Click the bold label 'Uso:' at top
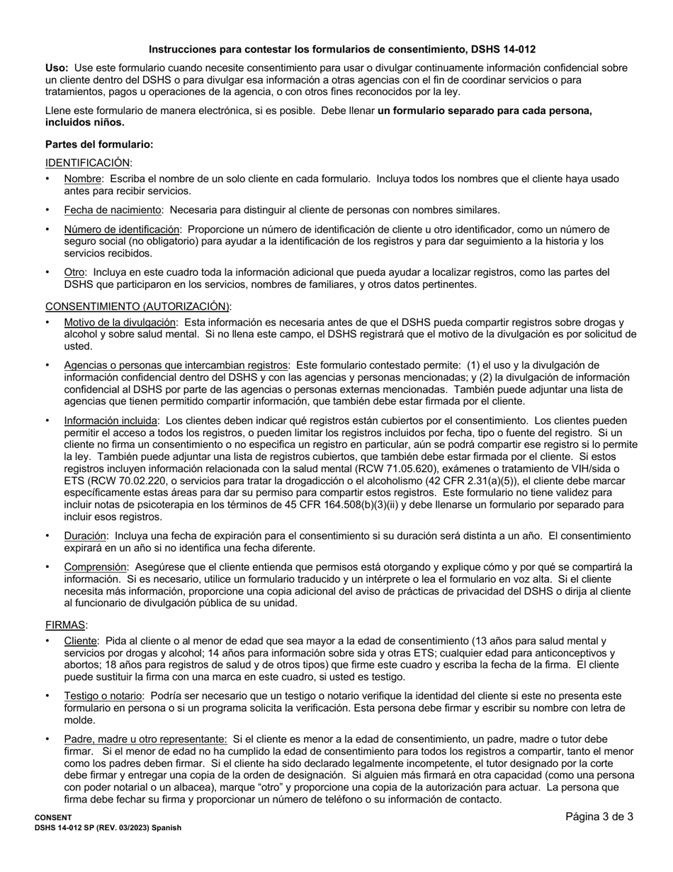57,68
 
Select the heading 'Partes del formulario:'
98,144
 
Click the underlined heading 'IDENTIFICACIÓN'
88,162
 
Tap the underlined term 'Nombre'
83,179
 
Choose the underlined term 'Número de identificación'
122,229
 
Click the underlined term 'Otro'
74,272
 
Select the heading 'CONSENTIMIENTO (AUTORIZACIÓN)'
137,306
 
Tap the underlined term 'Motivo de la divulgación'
120,322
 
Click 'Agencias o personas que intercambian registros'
176,365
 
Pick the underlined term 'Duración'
86,536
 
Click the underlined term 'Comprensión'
96,567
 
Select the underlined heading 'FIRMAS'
66,625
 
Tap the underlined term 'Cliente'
80,641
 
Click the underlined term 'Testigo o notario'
103,695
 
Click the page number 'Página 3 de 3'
599,817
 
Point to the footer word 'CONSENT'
53,817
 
